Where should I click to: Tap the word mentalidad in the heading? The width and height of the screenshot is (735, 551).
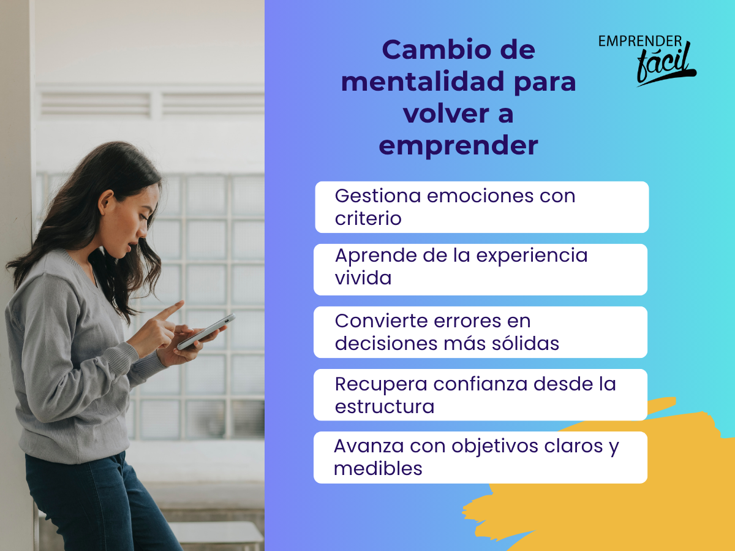tap(423, 82)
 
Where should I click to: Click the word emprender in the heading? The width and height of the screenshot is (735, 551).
tap(458, 146)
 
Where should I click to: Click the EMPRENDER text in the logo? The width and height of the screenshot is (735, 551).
tap(640, 41)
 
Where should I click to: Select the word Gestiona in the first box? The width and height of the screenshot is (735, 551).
tap(378, 196)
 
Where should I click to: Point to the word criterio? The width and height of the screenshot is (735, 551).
tap(368, 218)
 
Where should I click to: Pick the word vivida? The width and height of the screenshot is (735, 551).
tap(363, 278)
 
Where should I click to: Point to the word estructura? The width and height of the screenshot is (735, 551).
tap(385, 406)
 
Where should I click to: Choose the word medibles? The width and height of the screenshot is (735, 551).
tap(378, 468)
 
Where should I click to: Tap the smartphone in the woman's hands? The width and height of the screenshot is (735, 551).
tap(206, 332)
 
